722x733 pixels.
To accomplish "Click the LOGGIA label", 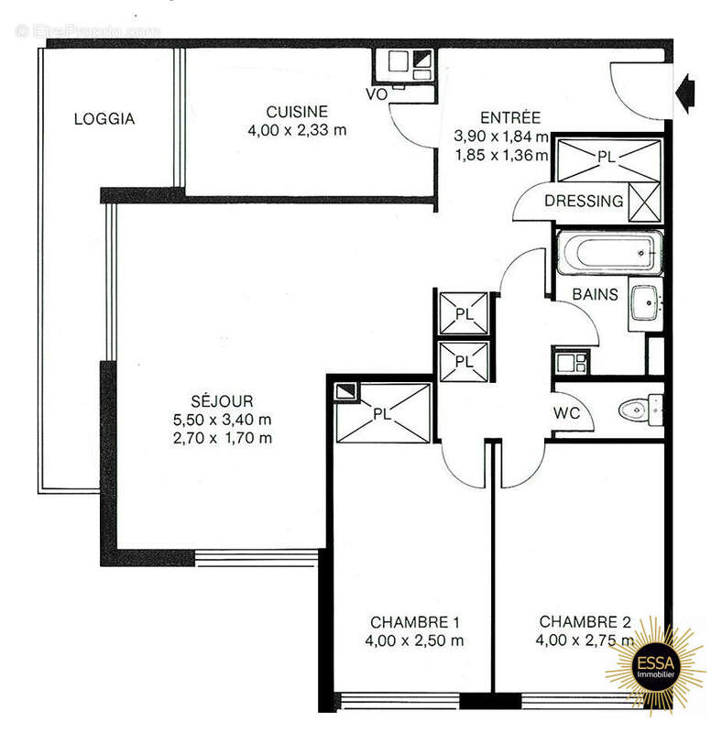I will (104, 118).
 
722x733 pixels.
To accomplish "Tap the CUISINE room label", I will (297, 112).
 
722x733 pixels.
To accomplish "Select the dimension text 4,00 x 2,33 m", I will (297, 130).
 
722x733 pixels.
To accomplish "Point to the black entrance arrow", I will (684, 90).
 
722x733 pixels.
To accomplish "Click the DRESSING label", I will (584, 201).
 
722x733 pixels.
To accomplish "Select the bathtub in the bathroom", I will (608, 253).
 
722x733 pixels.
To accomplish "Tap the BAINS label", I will (595, 295).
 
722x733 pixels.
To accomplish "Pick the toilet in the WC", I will (639, 409).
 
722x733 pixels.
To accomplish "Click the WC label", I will (567, 413).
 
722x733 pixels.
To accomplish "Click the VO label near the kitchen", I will (376, 94).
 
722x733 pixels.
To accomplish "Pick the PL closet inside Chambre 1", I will (383, 413).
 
